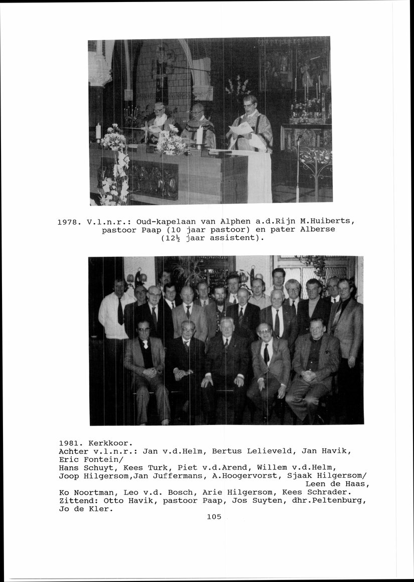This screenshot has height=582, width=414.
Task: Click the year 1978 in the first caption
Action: pos(68,222)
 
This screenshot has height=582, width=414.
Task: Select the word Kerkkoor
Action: pos(111,443)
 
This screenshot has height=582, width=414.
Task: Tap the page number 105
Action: pos(214,517)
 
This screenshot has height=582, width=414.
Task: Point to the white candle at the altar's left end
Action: pos(98,131)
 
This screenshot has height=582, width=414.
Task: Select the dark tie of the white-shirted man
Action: pos(120,311)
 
